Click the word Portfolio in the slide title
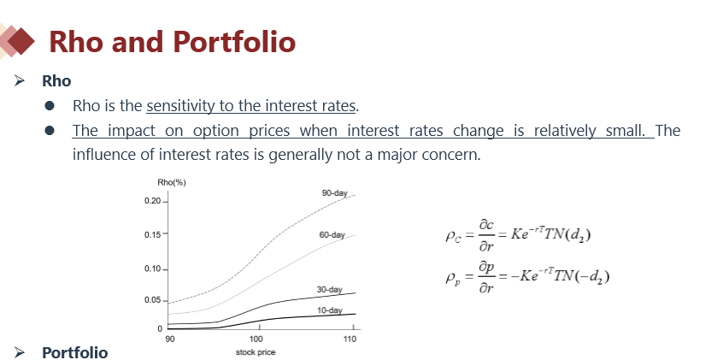tap(234, 42)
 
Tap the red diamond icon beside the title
tap(21, 41)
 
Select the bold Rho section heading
tap(56, 80)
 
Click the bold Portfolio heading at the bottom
tap(74, 352)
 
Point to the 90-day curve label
tap(334, 193)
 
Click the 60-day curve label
tap(332, 235)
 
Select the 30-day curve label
tap(329, 289)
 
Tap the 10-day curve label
tap(329, 310)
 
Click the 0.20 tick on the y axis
tap(153, 201)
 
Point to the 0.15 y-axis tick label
tap(153, 234)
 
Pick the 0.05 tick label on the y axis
tap(153, 300)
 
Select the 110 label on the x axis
tap(350, 339)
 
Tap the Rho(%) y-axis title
tap(172, 182)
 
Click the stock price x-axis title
tap(256, 352)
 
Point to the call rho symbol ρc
tap(453, 237)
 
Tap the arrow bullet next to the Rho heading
tap(20, 80)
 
